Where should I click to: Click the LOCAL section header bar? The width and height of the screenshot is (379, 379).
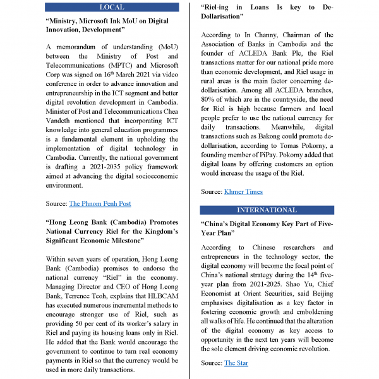click(112, 7)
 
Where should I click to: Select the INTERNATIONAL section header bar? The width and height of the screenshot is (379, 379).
click(267, 210)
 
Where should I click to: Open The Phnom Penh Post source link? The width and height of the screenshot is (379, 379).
click(100, 203)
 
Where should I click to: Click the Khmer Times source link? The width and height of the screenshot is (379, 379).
click(243, 191)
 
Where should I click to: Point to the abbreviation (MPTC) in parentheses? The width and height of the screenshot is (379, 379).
click(148, 65)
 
